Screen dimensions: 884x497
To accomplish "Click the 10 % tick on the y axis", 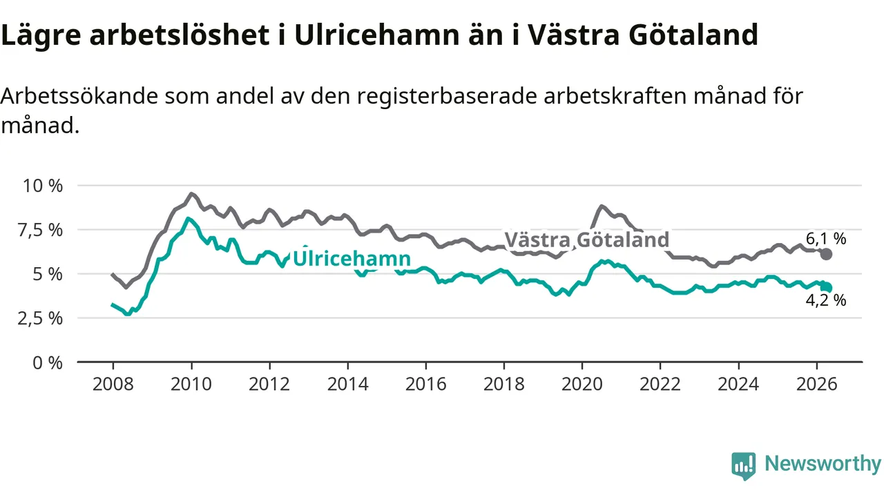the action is pos(43,186).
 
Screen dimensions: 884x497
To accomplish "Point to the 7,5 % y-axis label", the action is pos(40,230).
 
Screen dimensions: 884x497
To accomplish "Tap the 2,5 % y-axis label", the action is pos(40,318).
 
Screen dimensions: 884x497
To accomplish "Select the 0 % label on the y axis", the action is pos(48,363).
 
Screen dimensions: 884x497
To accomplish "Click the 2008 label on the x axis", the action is pos(113,384).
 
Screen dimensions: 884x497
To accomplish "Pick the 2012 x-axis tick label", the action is pos(269,384).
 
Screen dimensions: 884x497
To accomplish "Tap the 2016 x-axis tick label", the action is pos(426,384).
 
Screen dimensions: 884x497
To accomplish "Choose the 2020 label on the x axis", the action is pos(582,384).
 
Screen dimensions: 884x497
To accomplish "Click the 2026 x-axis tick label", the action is pos(816,384).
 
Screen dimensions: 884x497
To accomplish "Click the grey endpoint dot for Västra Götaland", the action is pos(827,255).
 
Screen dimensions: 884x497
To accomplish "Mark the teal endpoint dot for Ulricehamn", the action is pos(827,288).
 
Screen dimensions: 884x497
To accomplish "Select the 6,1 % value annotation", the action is pos(826,239).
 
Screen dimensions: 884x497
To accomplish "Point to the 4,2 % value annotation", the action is pos(826,300).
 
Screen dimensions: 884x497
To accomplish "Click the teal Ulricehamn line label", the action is pos(352,258).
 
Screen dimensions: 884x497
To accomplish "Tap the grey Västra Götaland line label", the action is pos(587,240).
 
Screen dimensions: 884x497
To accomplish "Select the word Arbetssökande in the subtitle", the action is pos(79,96).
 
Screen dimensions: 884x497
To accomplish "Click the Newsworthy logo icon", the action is pos(744,465).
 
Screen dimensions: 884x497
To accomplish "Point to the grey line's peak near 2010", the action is pos(191,194).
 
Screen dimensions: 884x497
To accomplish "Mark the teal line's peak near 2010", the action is pos(189,219).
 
